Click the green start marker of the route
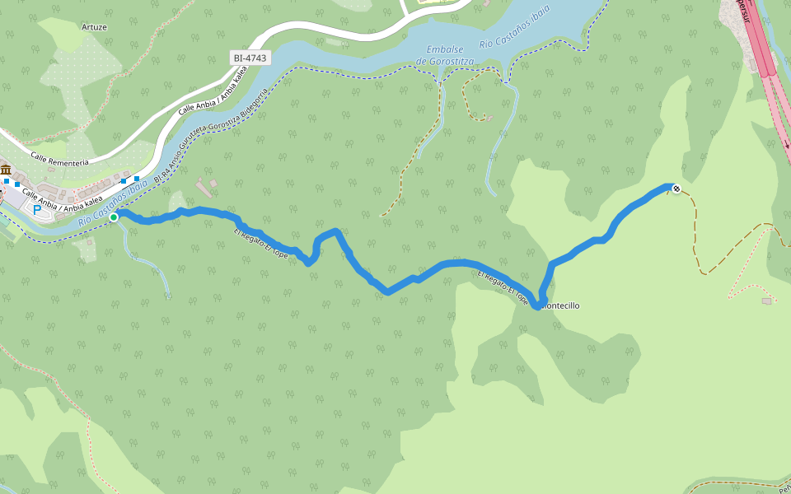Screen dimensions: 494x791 tap(114, 217)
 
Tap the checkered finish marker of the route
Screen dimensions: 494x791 tap(676, 189)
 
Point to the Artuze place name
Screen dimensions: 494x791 tap(95, 26)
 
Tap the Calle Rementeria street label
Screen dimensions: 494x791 tap(59, 158)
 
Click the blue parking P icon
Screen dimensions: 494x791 tap(37, 211)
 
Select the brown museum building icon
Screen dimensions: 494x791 tap(6, 170)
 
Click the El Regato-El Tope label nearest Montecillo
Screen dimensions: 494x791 tap(503, 286)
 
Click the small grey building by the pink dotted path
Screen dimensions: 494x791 tap(768, 301)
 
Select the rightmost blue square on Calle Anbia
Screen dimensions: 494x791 tap(137, 179)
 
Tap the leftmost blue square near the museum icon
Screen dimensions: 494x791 tap(7, 180)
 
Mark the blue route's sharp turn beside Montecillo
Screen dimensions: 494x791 tap(536, 306)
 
